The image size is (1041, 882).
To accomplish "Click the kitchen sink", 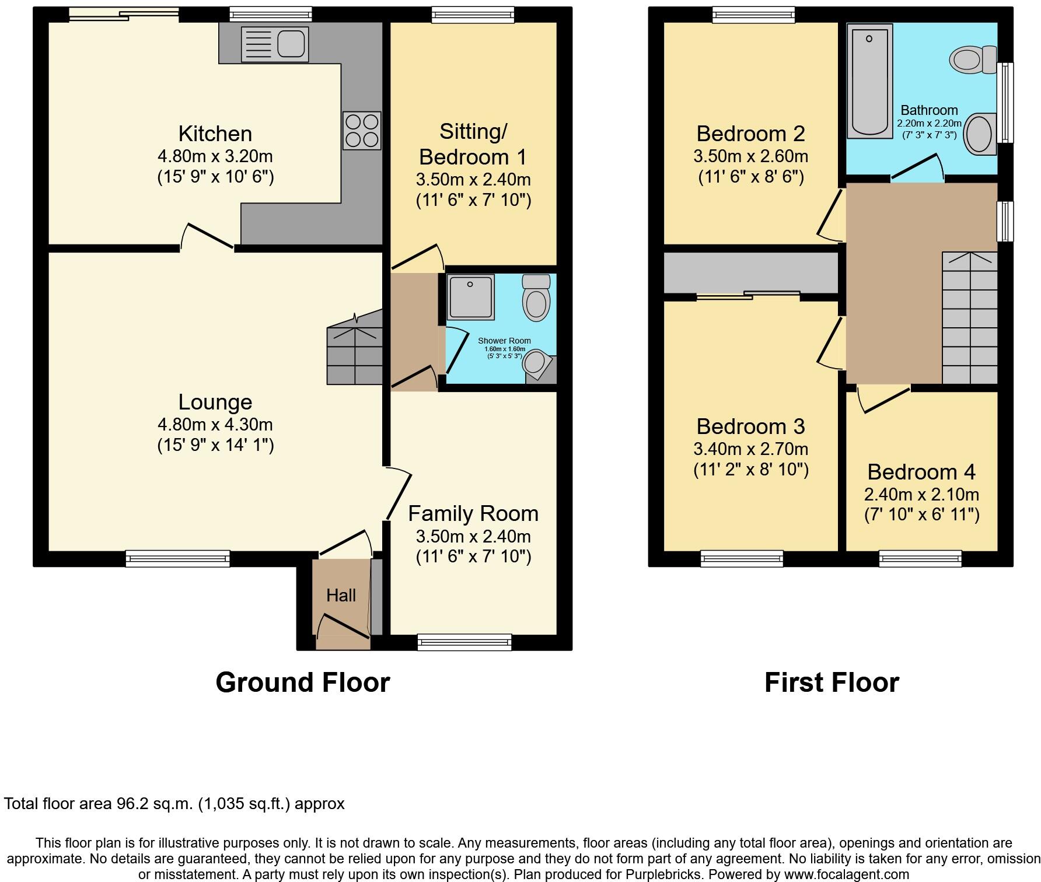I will [x=275, y=44].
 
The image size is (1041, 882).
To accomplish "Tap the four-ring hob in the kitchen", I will [x=362, y=131].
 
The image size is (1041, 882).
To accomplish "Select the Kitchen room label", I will [x=215, y=134].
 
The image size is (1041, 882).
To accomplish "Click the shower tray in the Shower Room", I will [x=470, y=297].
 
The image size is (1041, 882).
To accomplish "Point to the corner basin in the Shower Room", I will [x=536, y=363].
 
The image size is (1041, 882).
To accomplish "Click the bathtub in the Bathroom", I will [x=869, y=80].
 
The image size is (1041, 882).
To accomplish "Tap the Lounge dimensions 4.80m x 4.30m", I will [x=215, y=425].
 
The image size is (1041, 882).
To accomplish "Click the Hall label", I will [x=341, y=595].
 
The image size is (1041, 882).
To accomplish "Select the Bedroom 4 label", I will [x=921, y=471].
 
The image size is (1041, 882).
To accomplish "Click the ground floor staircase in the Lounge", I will [x=355, y=355].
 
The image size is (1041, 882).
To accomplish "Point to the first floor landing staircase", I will [x=969, y=318].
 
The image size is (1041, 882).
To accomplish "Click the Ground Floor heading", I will [x=302, y=682].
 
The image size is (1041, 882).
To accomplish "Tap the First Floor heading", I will [x=831, y=682].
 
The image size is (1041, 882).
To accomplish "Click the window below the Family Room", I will [x=464, y=642].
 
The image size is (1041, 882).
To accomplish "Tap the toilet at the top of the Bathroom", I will [x=973, y=60].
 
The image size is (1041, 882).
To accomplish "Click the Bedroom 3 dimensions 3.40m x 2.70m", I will [x=750, y=449].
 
